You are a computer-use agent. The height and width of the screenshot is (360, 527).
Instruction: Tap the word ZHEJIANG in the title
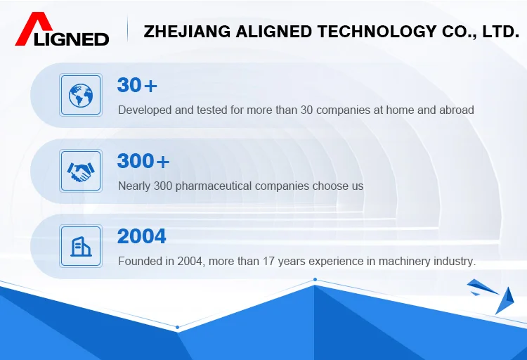[187, 32]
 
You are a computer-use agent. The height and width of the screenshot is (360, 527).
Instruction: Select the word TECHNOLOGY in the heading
[377, 32]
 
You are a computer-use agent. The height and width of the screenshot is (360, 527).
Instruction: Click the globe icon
[81, 95]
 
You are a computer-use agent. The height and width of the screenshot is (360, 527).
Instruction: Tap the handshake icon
[81, 172]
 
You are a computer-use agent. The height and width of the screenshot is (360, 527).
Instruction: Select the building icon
[81, 246]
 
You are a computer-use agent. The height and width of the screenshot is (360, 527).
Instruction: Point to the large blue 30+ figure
[137, 85]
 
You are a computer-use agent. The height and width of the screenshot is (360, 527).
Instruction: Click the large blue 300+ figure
[143, 161]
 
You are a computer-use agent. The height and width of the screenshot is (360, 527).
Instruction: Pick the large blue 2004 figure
[141, 236]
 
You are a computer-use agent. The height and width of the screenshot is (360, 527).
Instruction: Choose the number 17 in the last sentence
[268, 262]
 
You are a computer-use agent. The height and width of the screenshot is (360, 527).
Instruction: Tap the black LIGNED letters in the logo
[71, 39]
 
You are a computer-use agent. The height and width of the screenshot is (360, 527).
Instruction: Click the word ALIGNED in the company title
[274, 32]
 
